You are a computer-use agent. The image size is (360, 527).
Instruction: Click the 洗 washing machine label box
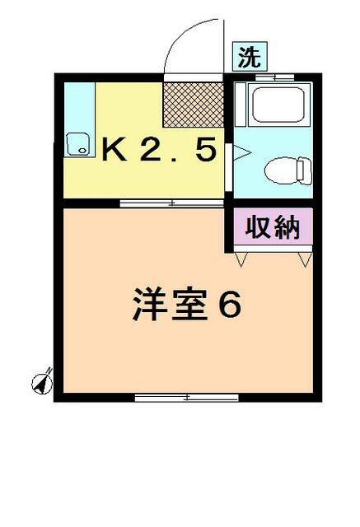click(x=250, y=57)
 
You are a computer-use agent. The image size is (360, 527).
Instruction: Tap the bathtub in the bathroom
click(x=278, y=105)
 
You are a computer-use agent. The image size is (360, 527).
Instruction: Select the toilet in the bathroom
click(x=288, y=170)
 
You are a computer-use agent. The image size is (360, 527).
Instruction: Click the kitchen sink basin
click(x=78, y=144)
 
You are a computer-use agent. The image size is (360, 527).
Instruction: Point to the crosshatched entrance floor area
click(x=194, y=105)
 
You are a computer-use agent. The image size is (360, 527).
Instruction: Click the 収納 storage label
click(x=273, y=226)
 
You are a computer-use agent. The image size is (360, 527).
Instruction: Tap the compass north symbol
click(x=42, y=382)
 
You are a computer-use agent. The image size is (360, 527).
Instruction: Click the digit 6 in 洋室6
click(x=230, y=304)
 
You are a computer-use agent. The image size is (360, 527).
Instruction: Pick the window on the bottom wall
click(x=186, y=398)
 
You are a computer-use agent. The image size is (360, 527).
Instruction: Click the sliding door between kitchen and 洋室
click(x=172, y=203)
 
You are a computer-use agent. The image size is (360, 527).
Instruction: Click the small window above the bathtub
click(x=274, y=77)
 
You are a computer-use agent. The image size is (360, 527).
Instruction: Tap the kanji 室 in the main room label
click(x=189, y=304)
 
